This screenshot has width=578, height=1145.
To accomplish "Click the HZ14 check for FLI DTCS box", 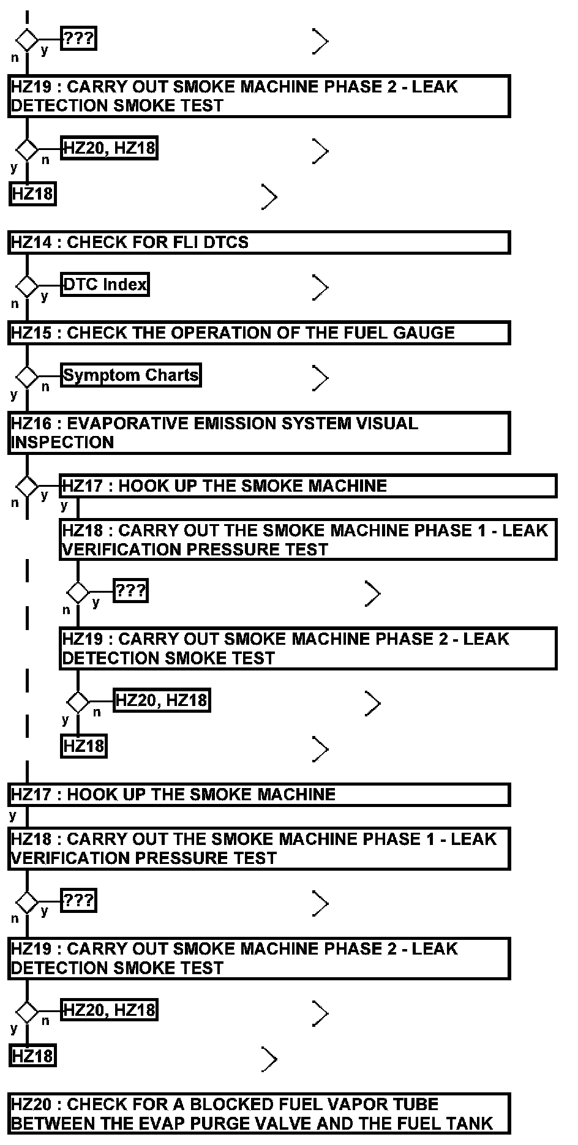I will (258, 242).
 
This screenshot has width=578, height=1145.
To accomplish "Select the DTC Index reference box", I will (105, 285).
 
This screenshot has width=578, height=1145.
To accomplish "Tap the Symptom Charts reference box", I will (131, 375).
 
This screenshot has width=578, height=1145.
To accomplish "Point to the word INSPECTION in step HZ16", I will (62, 443).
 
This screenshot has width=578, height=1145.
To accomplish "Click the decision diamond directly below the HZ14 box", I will (27, 285).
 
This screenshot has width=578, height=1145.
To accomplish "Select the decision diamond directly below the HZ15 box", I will (27, 376).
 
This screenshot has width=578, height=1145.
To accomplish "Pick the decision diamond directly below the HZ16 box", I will (27, 486).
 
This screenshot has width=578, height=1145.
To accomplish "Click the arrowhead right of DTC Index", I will (320, 287).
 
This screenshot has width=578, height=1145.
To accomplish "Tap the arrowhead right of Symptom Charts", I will (320, 378).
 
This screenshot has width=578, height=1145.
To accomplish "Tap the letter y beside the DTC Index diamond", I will (44, 296).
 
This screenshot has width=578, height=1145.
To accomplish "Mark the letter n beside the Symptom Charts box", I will (45, 387).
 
